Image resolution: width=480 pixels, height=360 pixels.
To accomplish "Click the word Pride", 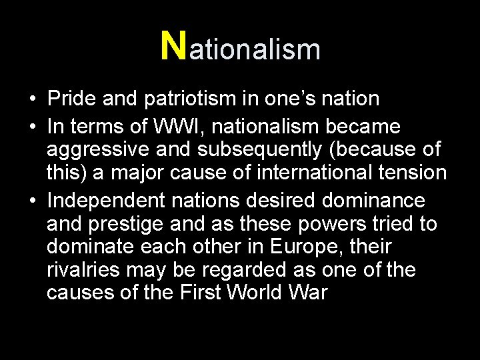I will tap(73, 99).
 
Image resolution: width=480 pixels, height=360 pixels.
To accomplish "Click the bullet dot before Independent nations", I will tap(32, 200).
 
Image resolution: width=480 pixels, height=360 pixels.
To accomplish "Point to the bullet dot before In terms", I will tap(32, 126).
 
